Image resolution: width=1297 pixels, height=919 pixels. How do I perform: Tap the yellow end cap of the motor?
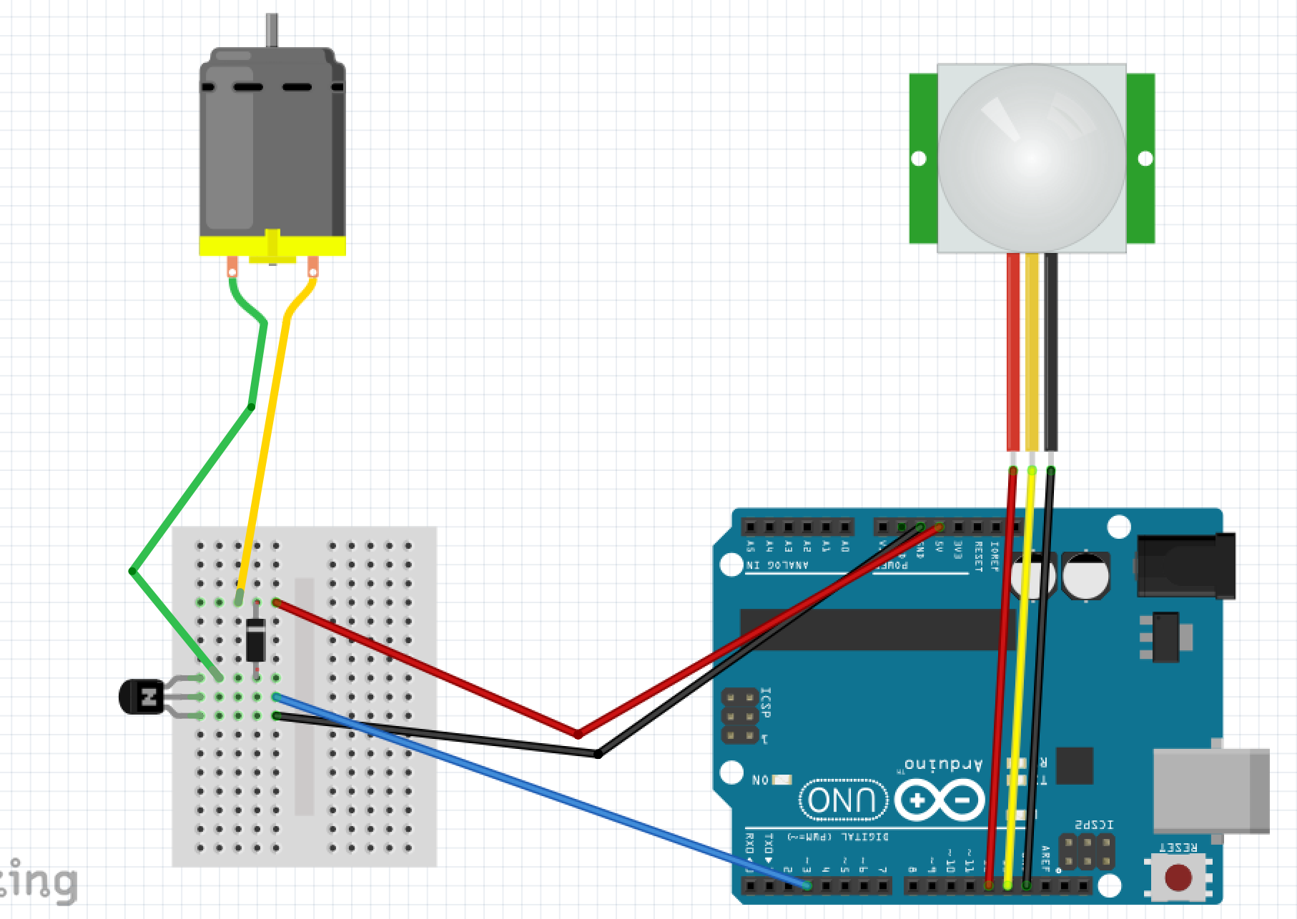[272, 247]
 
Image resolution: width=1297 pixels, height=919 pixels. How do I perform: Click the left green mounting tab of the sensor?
[923, 158]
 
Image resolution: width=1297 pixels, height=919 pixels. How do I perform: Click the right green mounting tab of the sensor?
[1142, 158]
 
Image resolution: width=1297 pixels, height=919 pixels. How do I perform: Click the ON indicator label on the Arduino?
[761, 780]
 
